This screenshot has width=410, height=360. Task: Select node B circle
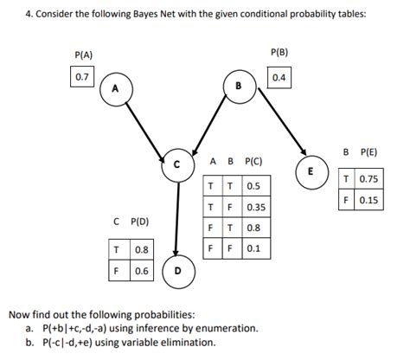pos(238,85)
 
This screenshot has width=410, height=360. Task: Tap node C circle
pos(178,163)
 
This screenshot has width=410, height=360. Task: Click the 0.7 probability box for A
pos(82,77)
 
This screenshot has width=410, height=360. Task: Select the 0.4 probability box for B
pos(279,78)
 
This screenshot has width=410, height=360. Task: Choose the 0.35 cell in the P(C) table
pos(256,208)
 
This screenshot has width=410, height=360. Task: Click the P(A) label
pos(85,55)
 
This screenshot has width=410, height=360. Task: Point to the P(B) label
pos(279,53)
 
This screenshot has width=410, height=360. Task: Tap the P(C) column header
pos(254,162)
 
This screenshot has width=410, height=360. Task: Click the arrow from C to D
pos(177,216)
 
